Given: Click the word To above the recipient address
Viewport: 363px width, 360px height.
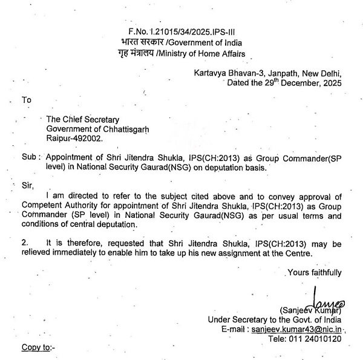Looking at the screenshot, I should [x=26, y=99].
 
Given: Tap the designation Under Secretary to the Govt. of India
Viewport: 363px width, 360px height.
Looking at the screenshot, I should [x=274, y=319].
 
